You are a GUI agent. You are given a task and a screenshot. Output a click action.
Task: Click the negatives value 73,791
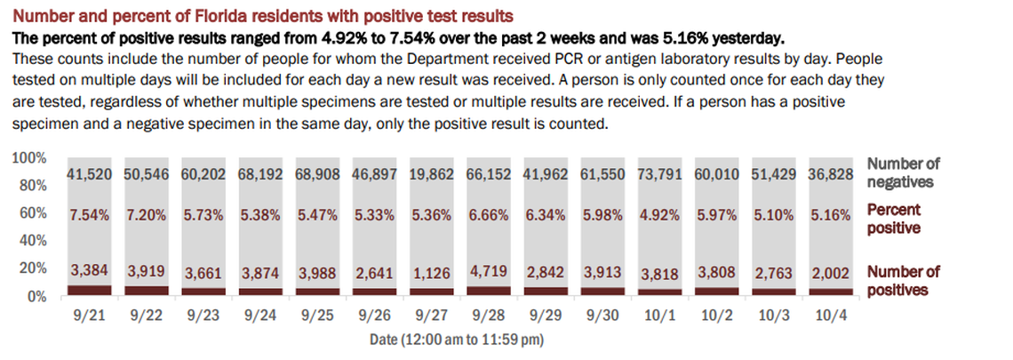[659, 174]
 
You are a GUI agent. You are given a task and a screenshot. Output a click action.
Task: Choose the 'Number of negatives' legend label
[902, 172]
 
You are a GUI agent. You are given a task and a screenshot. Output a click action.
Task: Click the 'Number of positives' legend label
[903, 281]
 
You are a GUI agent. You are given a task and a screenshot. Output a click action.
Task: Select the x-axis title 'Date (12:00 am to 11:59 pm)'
[456, 340]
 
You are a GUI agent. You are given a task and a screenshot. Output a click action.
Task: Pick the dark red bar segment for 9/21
[89, 290]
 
